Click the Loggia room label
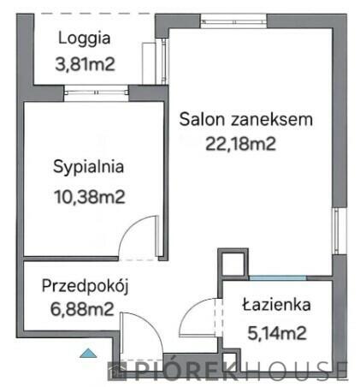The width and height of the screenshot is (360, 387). click(86, 39)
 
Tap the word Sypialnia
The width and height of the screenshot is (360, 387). click(89, 167)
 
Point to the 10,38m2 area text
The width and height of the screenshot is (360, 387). click(89, 196)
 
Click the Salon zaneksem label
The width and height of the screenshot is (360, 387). click(246, 119)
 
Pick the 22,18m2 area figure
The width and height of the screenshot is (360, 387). click(241, 143)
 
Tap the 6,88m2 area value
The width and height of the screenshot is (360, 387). click(79, 311)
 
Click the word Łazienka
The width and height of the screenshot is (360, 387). click(276, 304)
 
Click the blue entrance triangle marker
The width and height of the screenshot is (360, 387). click(89, 351)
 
